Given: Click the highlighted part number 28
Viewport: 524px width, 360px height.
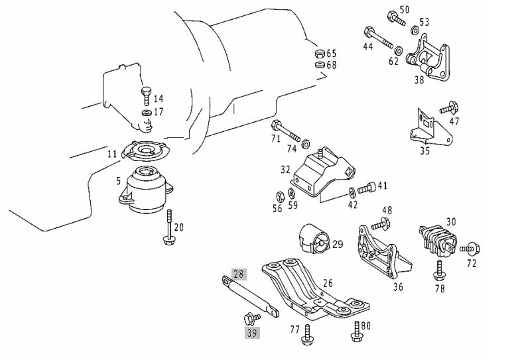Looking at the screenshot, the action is coord(239,274).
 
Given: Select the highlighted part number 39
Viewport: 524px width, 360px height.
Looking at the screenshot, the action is coord(252,333).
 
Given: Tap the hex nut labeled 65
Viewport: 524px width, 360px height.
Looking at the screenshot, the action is coord(320,54).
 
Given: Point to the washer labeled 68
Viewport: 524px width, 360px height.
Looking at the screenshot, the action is coord(320,64).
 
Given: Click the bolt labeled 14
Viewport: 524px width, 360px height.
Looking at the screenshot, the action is coord(146,96).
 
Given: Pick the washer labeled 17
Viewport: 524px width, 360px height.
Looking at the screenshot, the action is coord(147,112).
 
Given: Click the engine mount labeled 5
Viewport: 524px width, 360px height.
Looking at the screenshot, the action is coord(145,190).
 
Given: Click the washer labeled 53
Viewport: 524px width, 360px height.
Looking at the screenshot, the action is coord(415,30).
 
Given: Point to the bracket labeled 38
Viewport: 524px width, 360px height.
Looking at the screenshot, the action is coord(428,59).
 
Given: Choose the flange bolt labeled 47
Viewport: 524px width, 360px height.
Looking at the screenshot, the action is coord(449,108).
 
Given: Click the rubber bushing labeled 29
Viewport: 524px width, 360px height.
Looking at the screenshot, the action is coord(314,239).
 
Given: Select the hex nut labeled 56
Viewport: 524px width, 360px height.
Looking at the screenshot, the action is coord(280,196).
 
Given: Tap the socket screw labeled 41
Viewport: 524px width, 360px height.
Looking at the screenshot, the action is coord(367,188).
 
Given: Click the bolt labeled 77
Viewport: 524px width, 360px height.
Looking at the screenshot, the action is coord(307,335).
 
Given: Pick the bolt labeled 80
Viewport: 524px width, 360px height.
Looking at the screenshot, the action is coord(356,331).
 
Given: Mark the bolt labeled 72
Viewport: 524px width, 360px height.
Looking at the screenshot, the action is coord(470,249).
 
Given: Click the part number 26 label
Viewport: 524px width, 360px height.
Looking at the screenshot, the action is coord(328,283).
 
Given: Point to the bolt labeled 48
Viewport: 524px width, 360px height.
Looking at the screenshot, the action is coord(381,223).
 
